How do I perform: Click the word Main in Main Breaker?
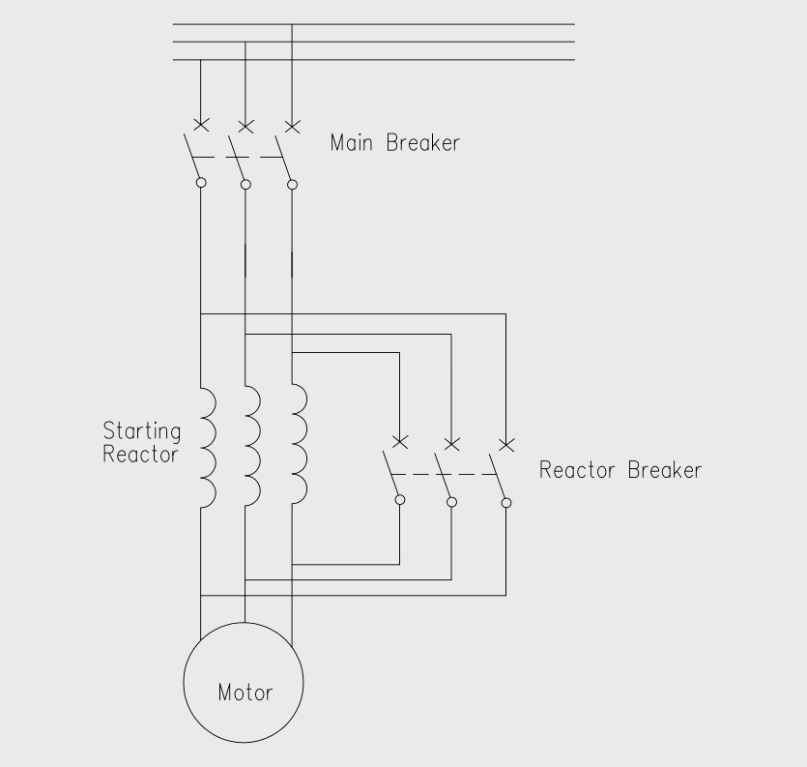tap(353, 143)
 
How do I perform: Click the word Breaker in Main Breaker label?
tap(423, 143)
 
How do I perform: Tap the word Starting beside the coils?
tap(141, 430)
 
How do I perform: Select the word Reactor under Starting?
tap(141, 454)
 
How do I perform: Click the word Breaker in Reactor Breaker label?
tap(665, 471)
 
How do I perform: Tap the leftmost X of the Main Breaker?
tap(200, 125)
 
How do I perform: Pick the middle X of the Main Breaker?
tap(245, 125)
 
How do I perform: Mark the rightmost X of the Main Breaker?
tap(292, 125)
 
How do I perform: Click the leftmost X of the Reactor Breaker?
tap(400, 442)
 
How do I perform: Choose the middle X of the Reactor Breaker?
tap(451, 443)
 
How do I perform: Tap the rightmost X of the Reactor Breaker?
tap(504, 443)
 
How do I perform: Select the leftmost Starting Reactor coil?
tap(207, 448)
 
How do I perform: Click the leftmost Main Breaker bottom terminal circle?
tap(200, 182)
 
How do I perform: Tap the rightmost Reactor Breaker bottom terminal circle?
tap(505, 502)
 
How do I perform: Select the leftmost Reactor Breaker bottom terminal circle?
tap(400, 500)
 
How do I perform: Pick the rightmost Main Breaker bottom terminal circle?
tap(293, 184)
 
